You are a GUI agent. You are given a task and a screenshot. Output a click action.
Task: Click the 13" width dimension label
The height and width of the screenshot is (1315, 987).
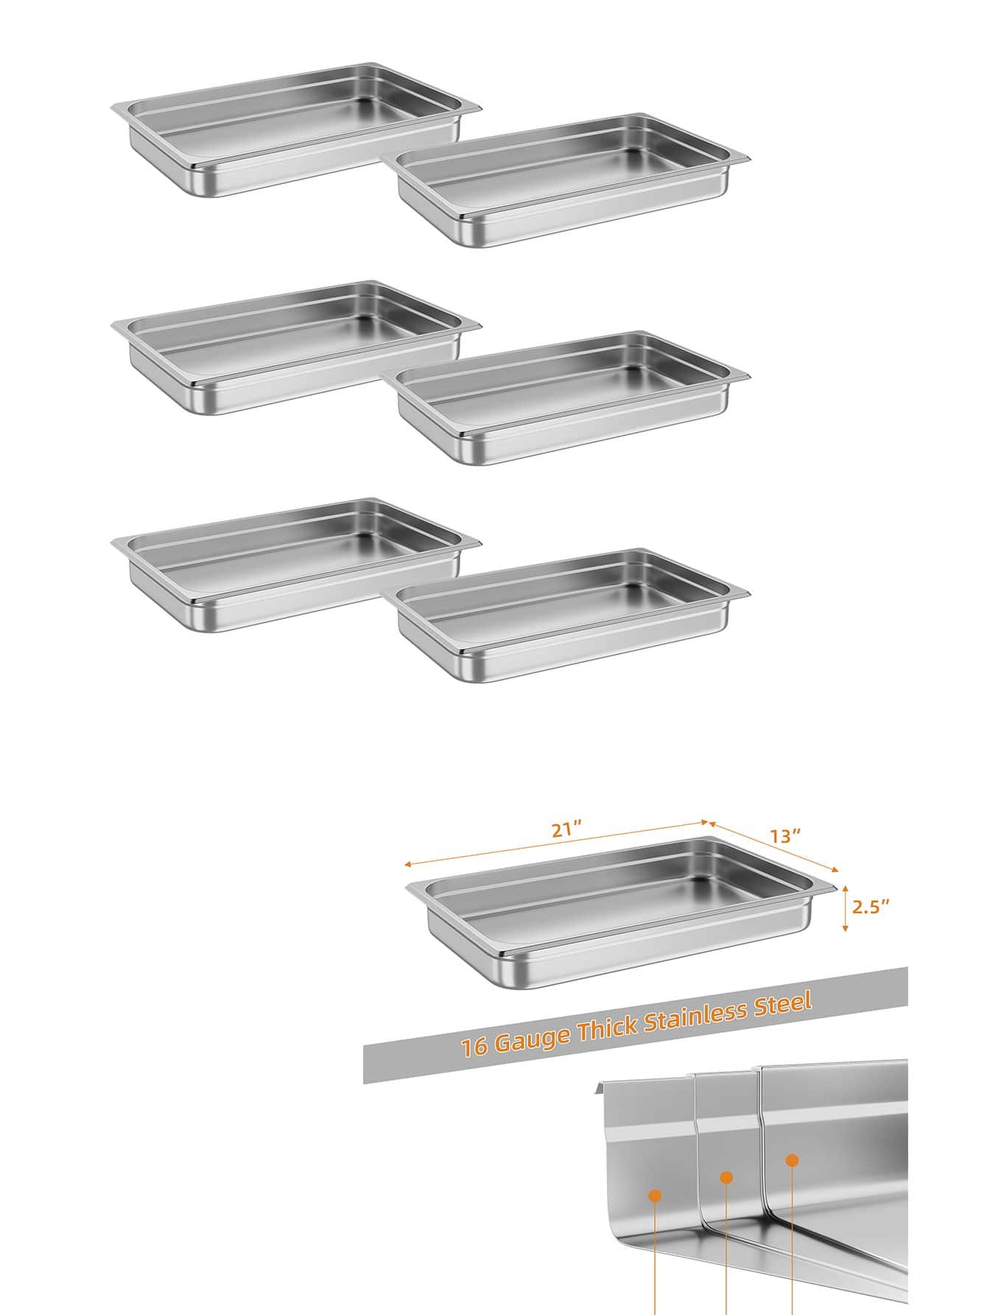point(786,835)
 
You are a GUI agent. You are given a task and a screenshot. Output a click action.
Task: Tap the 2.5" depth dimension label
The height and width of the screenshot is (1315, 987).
point(871,907)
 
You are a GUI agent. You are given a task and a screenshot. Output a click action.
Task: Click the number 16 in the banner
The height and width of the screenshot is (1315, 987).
point(474,1048)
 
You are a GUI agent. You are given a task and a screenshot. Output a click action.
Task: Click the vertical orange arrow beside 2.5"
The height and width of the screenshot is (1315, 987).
point(845,908)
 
